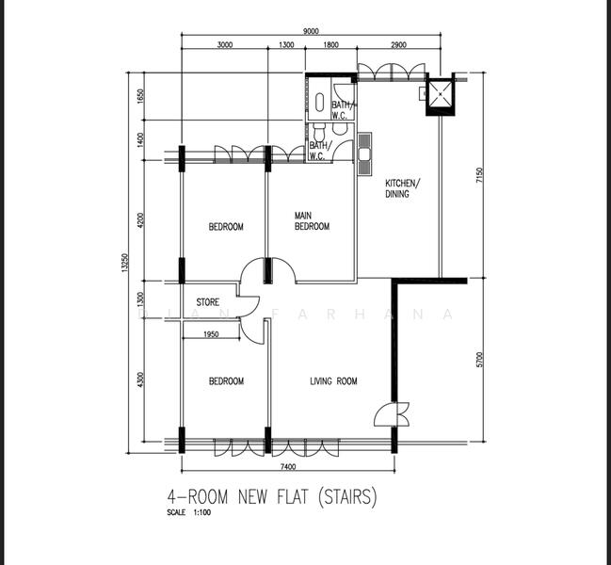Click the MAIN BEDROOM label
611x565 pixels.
pos(312,220)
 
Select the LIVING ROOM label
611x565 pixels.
pos(333,381)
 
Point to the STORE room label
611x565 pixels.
pos(207,303)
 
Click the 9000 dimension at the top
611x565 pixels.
pos(311,31)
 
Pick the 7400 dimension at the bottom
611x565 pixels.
pos(288,467)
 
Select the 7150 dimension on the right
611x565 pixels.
pos(479,176)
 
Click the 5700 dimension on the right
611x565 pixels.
pos(479,359)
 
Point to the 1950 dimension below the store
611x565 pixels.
pos(211,334)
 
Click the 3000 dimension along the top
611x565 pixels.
pos(225,45)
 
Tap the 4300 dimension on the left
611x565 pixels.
pos(140,380)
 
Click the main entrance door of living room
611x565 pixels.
pos(392,415)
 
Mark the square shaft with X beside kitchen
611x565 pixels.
pos(440,93)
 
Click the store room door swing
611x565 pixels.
pos(249,308)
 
